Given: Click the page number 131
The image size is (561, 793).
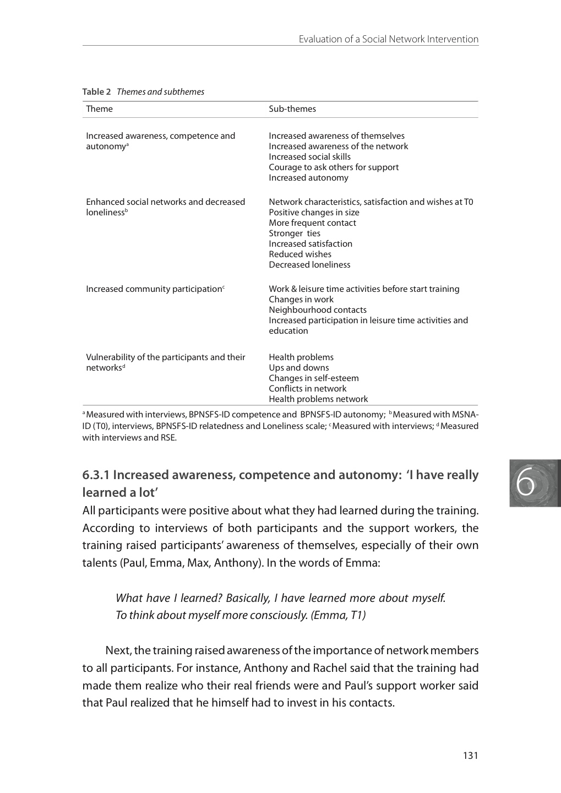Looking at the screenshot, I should pos(470,756).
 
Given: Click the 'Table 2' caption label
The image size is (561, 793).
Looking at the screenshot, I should pos(97,92).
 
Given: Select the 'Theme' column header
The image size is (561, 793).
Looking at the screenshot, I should pos(100,109).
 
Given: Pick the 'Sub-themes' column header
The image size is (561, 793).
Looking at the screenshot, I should pos(292,109).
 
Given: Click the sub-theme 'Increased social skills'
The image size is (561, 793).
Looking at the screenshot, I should pos(309,157).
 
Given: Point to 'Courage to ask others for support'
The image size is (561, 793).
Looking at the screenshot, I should pos(334,167).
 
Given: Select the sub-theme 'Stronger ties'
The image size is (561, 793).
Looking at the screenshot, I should pos(295,233).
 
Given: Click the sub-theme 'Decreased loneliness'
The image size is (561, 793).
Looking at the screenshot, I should pos(309,265).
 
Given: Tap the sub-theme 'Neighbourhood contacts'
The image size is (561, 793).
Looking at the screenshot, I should pos(318,310).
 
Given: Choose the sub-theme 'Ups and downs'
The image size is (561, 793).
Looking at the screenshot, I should pos(299,368).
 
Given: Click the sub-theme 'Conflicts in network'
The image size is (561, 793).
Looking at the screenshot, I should pos(308,389).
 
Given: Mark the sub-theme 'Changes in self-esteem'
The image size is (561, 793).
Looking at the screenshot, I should pos(314,378).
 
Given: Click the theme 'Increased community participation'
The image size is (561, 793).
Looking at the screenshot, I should pos(154,289).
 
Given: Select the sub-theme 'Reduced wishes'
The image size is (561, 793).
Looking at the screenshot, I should pos(300,254).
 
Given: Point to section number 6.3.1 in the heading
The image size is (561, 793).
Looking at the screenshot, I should pos(96,475).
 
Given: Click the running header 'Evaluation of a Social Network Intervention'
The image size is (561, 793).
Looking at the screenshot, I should pos(388,39).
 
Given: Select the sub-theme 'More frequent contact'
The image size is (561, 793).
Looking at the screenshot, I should pos(312,223).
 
